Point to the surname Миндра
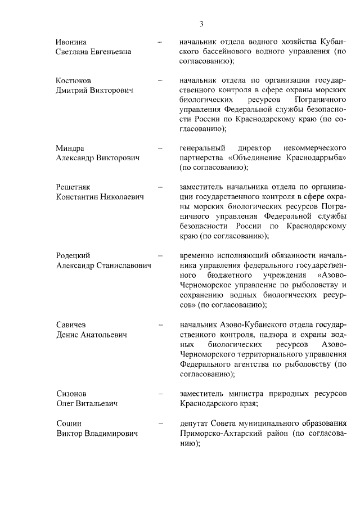pos(70,148)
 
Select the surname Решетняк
pos(74,187)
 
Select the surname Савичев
pos(72,325)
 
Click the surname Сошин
pos(69,423)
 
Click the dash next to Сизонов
pos(161,392)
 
